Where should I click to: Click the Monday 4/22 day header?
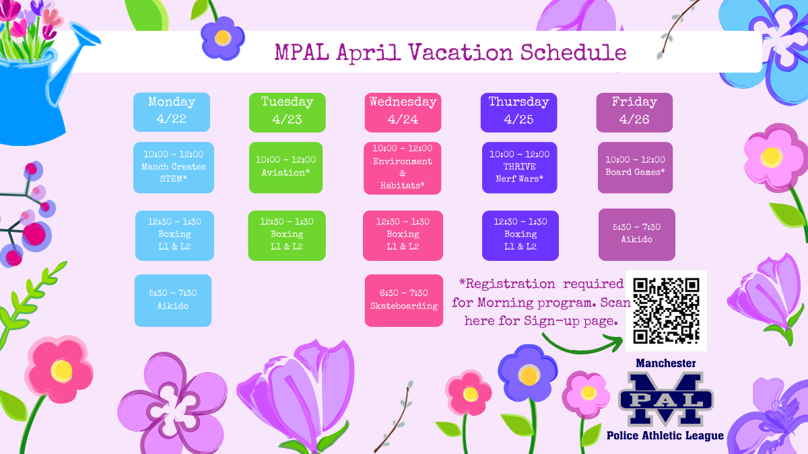coord(172,112)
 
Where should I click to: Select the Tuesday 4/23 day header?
coord(287,112)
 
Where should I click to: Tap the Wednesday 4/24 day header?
coord(403,112)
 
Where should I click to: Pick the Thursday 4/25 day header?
coord(518,112)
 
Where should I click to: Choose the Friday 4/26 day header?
coord(634,112)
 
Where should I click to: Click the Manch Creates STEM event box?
coord(174,167)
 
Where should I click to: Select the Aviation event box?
coord(287,167)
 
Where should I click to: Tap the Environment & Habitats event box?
coord(403,167)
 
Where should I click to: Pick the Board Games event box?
coord(635,167)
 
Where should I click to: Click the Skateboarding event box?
coord(403,300)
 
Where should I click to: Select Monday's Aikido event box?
coord(173,300)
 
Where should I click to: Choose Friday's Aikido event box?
coord(636,233)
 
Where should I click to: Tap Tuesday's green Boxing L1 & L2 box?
coord(287,235)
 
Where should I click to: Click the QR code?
coord(666,310)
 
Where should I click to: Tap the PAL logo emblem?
coord(666,399)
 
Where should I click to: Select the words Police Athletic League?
coord(665,435)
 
